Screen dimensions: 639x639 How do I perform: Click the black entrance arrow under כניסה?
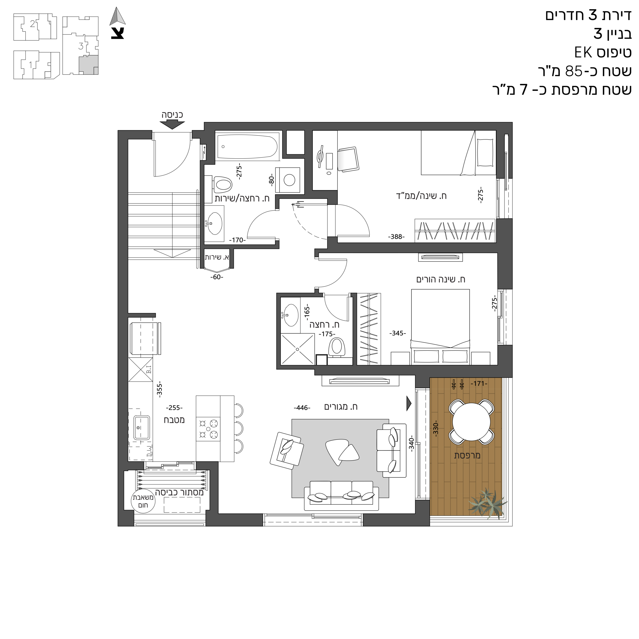172,124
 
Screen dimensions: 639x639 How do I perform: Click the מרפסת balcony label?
467,455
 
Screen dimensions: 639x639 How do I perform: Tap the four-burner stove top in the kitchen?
208,429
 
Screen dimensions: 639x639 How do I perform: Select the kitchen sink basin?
142,427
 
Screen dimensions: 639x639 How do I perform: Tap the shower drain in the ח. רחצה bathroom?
297,349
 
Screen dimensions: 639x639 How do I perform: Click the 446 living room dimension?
302,408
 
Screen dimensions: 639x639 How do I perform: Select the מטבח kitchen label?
174,420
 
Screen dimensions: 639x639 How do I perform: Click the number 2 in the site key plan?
32,23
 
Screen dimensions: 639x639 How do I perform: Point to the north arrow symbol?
118,16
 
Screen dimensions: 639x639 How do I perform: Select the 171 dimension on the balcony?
479,383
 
